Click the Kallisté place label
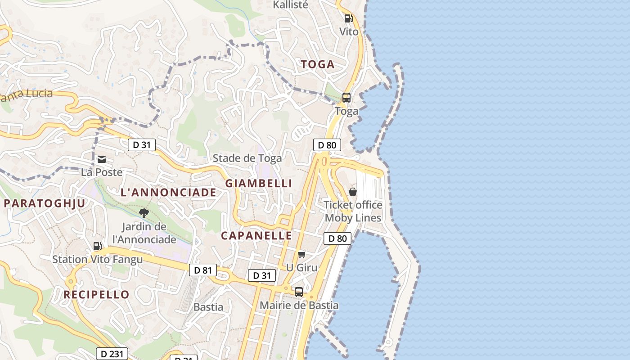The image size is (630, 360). point(291,5)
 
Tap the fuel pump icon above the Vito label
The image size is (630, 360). point(348,18)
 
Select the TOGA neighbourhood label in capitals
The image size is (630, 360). point(318,64)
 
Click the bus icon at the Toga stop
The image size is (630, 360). point(346,98)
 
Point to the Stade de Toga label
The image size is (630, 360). point(247,158)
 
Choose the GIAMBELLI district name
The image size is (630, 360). point(259,183)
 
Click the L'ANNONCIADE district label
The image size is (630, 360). point(168,193)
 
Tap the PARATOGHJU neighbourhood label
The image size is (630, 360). point(44,203)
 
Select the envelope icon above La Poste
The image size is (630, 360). point(102,159)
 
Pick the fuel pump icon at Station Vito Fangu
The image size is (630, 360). point(98,246)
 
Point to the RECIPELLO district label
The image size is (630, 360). point(96,295)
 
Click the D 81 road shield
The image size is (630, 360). point(203,270)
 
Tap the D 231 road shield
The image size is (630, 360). point(112,354)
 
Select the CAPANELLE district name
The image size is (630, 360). point(256,236)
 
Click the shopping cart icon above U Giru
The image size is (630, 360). point(302,255)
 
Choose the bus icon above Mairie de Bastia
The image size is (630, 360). point(299,292)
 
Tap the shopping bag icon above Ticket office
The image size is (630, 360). point(353,192)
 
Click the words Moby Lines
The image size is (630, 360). point(353,218)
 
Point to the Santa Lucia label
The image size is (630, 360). point(27,95)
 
